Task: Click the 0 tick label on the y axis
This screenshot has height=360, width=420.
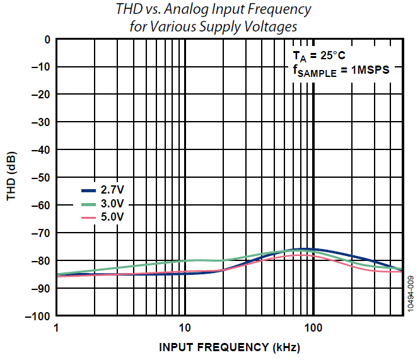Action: click(x=46, y=39)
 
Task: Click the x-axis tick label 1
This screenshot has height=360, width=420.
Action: click(x=57, y=328)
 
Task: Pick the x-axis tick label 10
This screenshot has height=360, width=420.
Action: click(x=185, y=328)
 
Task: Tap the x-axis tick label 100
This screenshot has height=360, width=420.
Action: click(x=313, y=328)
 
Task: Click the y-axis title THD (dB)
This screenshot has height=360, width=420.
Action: click(x=12, y=177)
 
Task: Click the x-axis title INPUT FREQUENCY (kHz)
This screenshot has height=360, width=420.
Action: click(x=230, y=347)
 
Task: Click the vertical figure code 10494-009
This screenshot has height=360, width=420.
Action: click(x=411, y=294)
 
